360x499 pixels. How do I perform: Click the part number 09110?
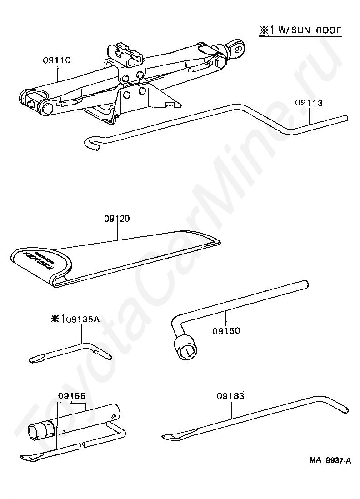(x=57, y=60)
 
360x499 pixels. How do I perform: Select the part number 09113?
(x=309, y=103)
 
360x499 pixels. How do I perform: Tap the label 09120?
(x=117, y=219)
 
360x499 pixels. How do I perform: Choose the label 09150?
(x=226, y=330)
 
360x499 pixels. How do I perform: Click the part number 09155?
(x=72, y=395)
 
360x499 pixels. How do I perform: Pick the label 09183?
(x=230, y=396)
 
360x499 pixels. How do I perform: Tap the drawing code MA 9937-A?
(x=330, y=460)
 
